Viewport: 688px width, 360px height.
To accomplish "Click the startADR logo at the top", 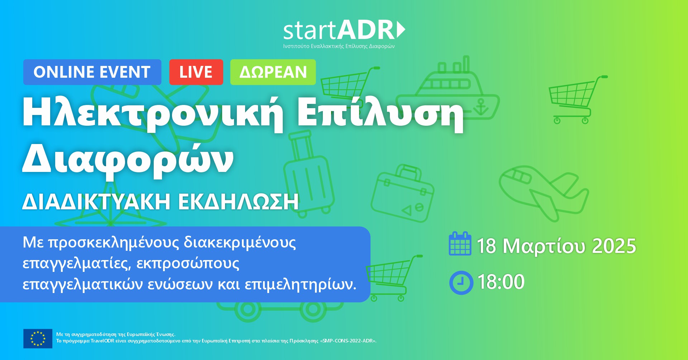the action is [x=344, y=34].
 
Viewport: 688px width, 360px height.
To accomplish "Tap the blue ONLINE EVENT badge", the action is [x=92, y=72].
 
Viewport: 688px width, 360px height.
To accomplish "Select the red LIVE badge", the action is [x=196, y=72].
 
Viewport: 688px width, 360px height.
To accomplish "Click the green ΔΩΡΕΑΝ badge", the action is [x=273, y=72].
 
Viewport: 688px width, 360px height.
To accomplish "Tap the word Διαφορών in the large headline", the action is [x=128, y=159].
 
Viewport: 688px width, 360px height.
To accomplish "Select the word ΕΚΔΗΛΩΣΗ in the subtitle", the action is [x=238, y=202].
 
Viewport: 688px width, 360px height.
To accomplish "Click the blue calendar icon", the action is [x=460, y=244].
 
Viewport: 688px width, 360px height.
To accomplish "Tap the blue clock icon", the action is [x=461, y=283].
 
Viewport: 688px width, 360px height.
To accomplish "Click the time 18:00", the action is [x=501, y=282].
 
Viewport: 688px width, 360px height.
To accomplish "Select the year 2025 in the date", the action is [x=614, y=246].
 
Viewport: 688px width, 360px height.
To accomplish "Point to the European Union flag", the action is [x=38, y=339].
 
